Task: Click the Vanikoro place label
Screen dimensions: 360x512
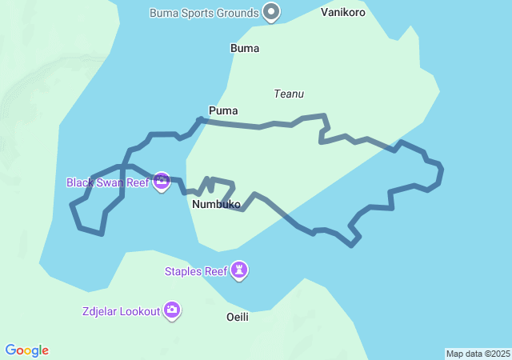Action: pyautogui.click(x=343, y=13)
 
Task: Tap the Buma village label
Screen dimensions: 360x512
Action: pyautogui.click(x=245, y=48)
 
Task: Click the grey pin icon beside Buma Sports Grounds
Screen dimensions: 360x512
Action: pyautogui.click(x=272, y=12)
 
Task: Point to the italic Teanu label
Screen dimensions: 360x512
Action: pyautogui.click(x=289, y=94)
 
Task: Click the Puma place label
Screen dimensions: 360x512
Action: pyautogui.click(x=223, y=110)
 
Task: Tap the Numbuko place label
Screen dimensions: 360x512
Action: pyautogui.click(x=216, y=205)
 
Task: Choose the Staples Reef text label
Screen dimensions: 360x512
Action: pyautogui.click(x=196, y=271)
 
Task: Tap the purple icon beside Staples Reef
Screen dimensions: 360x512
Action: pyautogui.click(x=239, y=271)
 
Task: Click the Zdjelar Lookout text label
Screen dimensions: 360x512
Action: pyautogui.click(x=121, y=311)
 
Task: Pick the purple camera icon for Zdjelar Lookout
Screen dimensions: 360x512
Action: pyautogui.click(x=172, y=310)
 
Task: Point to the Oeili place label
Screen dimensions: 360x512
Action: pyautogui.click(x=238, y=317)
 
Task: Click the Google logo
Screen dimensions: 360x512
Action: pyautogui.click(x=27, y=350)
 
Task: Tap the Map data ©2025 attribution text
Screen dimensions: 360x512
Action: pyautogui.click(x=478, y=354)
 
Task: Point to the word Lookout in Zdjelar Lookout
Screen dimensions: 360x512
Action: pyautogui.click(x=139, y=311)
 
